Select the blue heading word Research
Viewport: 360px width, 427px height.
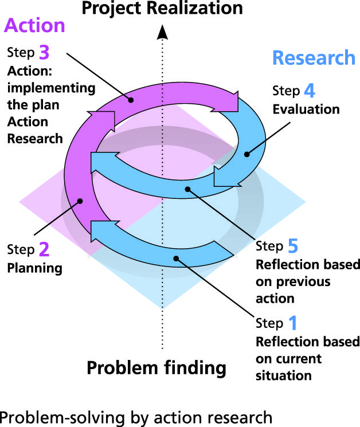313,58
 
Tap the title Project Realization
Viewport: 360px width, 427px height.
162,8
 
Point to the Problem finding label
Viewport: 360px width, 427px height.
156,367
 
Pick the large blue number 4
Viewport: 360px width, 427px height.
310,91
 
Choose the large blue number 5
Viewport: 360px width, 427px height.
292,246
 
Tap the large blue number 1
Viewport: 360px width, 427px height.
292,324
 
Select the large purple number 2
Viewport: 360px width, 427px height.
44,249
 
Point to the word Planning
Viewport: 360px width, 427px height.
34,268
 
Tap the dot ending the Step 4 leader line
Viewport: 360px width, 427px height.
247,154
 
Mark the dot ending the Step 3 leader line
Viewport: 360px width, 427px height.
131,100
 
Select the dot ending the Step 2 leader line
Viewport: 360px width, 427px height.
81,201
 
